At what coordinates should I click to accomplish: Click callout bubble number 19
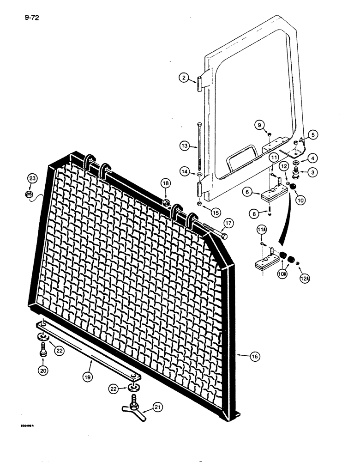pyautogui.click(x=88, y=377)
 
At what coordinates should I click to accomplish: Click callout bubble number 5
pyautogui.click(x=313, y=135)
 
